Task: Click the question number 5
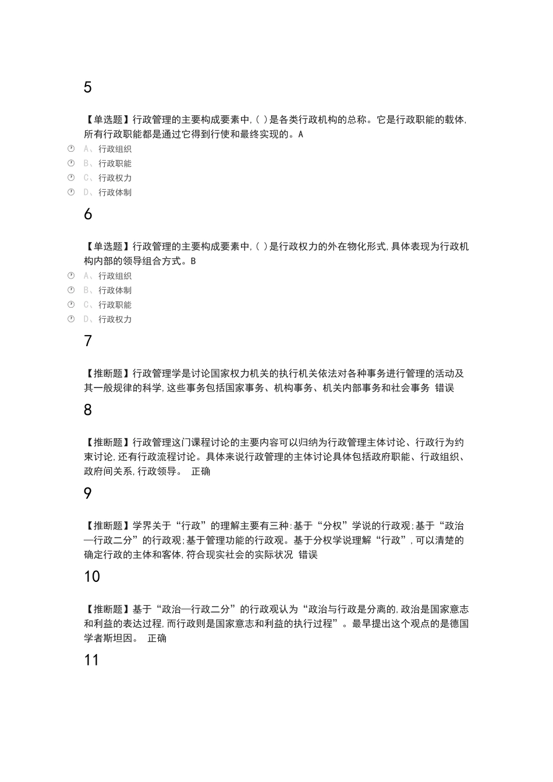[x=88, y=87]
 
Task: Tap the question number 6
[x=88, y=214]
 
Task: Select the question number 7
[x=88, y=341]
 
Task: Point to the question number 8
[x=88, y=410]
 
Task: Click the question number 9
[x=88, y=493]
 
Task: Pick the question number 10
[x=92, y=577]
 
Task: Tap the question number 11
[x=91, y=660]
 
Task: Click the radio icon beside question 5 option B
[x=71, y=163]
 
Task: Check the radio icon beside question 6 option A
[x=71, y=275]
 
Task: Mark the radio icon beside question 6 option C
[x=71, y=304]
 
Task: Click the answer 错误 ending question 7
[x=445, y=388]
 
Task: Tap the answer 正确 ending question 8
[x=201, y=471]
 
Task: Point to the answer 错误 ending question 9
[x=308, y=555]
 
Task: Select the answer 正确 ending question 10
[x=157, y=638]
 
